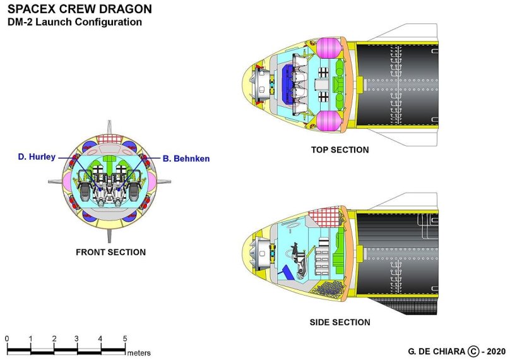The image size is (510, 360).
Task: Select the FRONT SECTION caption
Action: point(110,252)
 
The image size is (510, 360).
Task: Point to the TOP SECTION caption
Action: point(340,150)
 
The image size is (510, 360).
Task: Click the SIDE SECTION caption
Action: point(340,322)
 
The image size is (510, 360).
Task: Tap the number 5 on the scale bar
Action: point(125,339)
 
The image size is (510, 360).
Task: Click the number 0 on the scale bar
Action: point(7,339)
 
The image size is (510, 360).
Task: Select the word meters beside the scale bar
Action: point(139,352)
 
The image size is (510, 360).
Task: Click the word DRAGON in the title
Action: point(129,9)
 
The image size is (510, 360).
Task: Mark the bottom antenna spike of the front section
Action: point(110,237)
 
